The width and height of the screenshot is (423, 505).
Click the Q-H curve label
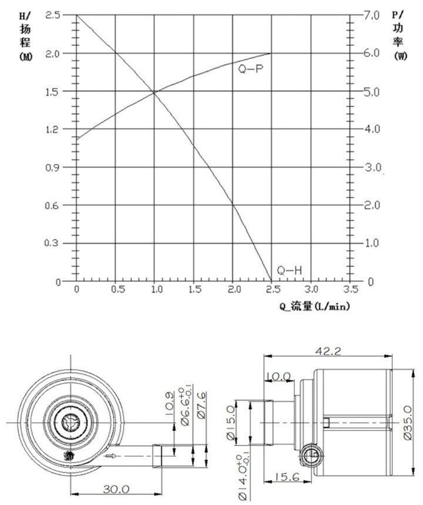(290, 270)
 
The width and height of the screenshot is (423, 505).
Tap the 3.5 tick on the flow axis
(351, 290)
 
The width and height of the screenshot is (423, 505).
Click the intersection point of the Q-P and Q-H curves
(154, 92)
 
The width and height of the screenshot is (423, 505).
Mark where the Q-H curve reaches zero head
(271, 281)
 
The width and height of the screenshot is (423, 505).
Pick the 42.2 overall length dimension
(327, 351)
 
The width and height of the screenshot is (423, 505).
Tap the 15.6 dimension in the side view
(286, 478)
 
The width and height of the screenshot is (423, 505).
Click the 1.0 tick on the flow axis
(155, 290)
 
